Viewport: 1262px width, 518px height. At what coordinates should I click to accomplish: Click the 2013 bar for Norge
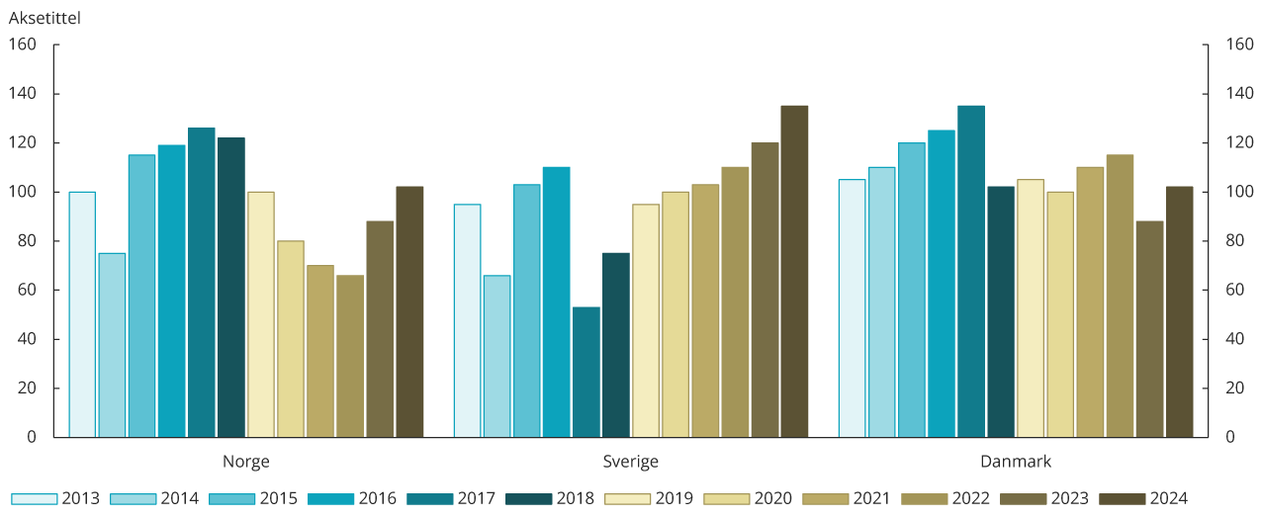coord(82,314)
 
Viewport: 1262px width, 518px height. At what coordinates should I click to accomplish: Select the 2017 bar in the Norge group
coord(201,283)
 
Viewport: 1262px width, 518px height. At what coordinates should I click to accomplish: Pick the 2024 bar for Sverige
coord(794,271)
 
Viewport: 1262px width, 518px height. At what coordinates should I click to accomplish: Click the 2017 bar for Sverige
coord(586,372)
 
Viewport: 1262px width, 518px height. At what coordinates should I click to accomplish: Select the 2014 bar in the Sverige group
coord(497,356)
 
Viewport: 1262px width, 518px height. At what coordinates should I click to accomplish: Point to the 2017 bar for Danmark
coord(971,271)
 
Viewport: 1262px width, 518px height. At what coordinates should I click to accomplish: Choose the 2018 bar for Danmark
coord(1001,311)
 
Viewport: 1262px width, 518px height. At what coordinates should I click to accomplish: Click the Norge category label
coord(245,462)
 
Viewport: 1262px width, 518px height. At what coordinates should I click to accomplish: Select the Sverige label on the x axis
coord(631,462)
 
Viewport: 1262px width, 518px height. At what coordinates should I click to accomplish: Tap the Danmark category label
coord(1016,462)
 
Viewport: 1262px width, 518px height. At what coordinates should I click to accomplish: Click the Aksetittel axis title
coord(45,17)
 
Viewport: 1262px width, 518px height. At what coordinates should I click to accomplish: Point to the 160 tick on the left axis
coord(23,44)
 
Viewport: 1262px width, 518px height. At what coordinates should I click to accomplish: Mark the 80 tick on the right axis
coord(1235,241)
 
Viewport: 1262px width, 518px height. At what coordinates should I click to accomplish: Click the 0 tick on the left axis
coord(32,437)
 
